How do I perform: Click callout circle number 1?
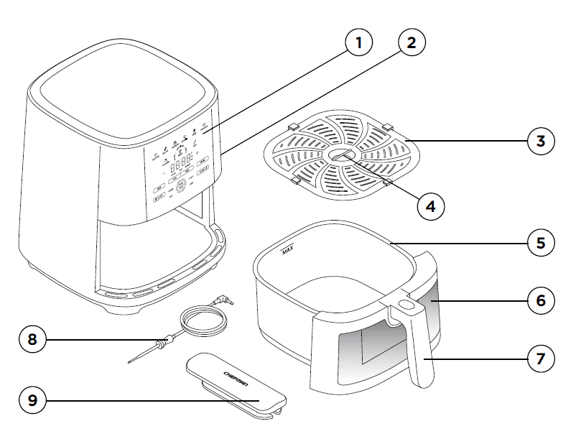359,42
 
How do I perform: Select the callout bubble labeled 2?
411,42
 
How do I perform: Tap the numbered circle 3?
541,141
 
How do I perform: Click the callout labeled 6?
541,300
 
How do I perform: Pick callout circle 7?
541,356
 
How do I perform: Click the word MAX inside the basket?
287,251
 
